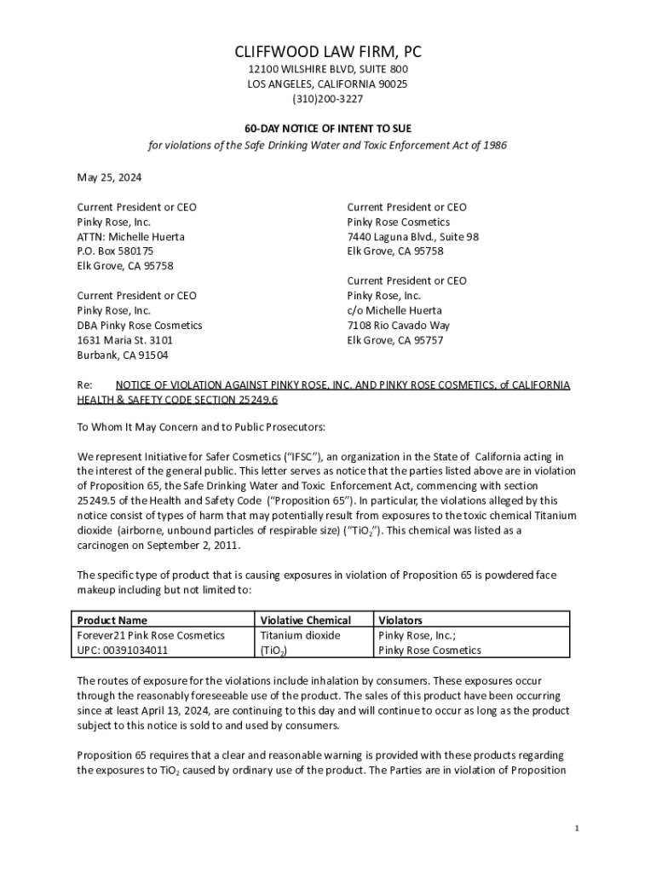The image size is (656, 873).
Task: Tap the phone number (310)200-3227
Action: (x=328, y=99)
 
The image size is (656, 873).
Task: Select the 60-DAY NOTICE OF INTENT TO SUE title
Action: (x=328, y=128)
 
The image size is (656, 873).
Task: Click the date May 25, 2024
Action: (x=109, y=177)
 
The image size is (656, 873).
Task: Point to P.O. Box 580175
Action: (x=115, y=251)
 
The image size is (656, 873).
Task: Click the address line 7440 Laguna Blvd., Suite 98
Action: (x=412, y=236)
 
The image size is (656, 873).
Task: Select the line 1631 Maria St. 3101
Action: (x=125, y=340)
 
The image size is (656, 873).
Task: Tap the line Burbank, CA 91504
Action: (x=123, y=355)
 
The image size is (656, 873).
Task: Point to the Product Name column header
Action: (x=112, y=620)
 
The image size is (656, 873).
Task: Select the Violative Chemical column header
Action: (x=305, y=620)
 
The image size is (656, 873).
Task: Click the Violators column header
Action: (x=400, y=620)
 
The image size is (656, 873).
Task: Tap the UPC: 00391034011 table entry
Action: (x=123, y=650)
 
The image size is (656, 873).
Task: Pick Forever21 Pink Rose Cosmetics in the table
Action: (x=151, y=635)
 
